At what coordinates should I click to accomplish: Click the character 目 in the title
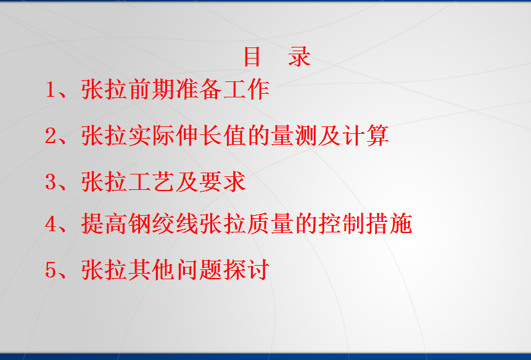point(252,57)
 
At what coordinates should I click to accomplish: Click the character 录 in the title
point(299,57)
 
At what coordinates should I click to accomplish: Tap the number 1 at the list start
point(50,89)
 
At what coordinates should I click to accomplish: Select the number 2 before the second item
point(51,136)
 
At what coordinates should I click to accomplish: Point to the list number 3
point(51,181)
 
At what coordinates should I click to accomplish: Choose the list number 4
point(51,224)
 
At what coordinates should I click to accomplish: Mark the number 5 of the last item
point(51,269)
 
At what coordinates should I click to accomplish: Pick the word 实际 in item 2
point(152,136)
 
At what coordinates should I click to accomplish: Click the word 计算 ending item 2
point(365,136)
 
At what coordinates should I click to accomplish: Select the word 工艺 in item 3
point(152,181)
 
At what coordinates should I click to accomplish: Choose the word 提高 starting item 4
point(104,224)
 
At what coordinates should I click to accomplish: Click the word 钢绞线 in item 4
point(163,224)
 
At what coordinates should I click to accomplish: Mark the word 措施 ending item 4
point(389,224)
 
